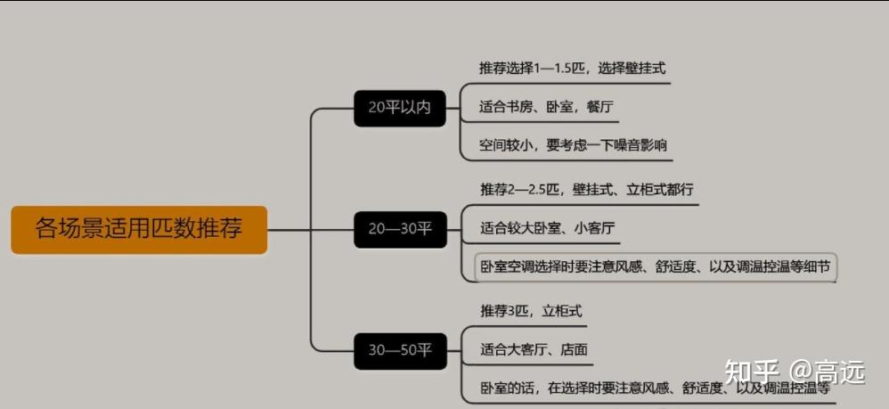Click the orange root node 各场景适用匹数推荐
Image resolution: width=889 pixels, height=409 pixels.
pyautogui.click(x=139, y=229)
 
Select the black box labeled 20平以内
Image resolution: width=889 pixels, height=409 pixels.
pyautogui.click(x=399, y=108)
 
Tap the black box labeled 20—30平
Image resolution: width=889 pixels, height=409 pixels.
pyautogui.click(x=399, y=229)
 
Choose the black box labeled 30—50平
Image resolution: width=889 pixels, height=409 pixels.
pyautogui.click(x=399, y=350)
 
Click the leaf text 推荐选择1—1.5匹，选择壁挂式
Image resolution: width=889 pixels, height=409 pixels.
pyautogui.click(x=572, y=69)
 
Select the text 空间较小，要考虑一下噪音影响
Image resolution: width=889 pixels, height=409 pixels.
pyautogui.click(x=573, y=144)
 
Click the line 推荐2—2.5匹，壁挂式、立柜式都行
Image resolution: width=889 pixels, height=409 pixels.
pyautogui.click(x=586, y=190)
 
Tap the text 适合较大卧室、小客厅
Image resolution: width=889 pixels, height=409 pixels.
pyautogui.click(x=547, y=228)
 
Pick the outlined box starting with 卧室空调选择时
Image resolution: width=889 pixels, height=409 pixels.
pyautogui.click(x=655, y=266)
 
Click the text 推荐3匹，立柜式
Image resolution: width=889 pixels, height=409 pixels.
pyautogui.click(x=531, y=311)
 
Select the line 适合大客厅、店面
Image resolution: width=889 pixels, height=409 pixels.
pyautogui.click(x=533, y=349)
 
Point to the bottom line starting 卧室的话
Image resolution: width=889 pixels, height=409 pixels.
pyautogui.click(x=655, y=388)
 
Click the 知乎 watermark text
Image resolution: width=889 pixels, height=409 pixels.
pyautogui.click(x=752, y=372)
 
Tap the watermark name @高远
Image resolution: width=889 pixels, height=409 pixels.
pyautogui.click(x=828, y=372)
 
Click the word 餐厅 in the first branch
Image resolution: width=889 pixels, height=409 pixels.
pyautogui.click(x=599, y=107)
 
